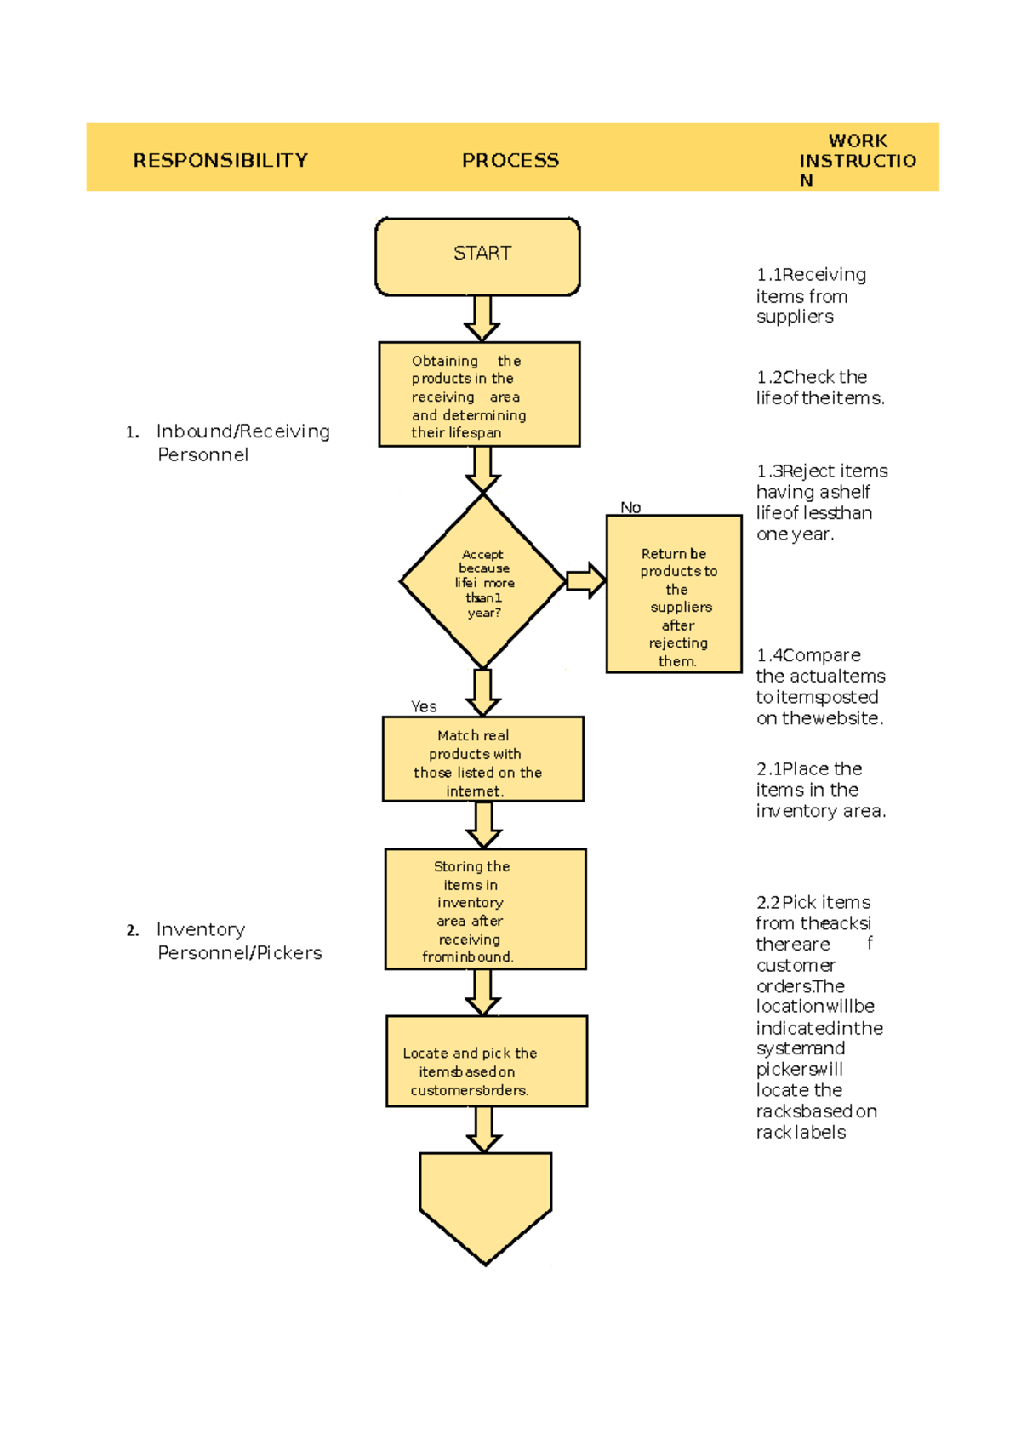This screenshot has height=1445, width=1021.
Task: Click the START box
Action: click(477, 256)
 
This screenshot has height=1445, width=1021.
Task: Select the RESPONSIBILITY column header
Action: click(220, 160)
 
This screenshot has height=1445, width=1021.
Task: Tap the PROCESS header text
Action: click(510, 160)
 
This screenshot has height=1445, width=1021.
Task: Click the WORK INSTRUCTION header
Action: click(857, 160)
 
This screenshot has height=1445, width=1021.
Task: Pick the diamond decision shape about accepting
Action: click(482, 582)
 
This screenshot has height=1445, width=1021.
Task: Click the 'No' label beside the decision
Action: click(630, 507)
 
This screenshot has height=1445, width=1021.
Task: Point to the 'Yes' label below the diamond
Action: click(424, 706)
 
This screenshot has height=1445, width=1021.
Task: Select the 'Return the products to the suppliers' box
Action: click(674, 594)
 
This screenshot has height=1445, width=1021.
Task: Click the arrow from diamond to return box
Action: click(586, 581)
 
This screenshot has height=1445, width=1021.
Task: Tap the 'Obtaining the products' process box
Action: click(479, 395)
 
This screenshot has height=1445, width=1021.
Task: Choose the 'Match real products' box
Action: click(482, 759)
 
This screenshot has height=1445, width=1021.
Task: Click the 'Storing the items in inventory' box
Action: click(485, 909)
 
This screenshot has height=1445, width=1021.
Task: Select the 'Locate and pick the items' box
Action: click(486, 1061)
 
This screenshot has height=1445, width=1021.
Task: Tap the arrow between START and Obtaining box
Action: click(482, 318)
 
